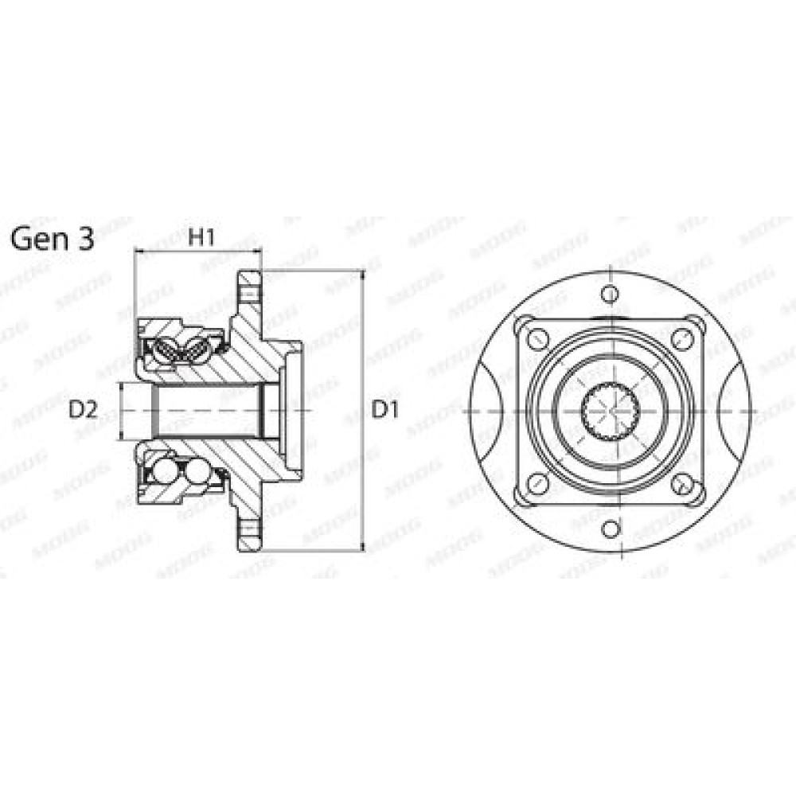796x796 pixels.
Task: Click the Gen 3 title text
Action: pyautogui.click(x=53, y=239)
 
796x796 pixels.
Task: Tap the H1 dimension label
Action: pyautogui.click(x=201, y=237)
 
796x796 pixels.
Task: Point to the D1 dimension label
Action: pyautogui.click(x=385, y=410)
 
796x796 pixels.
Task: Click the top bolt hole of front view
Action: pyautogui.click(x=611, y=294)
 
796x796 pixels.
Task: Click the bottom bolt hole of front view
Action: pyautogui.click(x=611, y=529)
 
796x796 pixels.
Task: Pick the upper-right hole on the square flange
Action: pyautogui.click(x=682, y=338)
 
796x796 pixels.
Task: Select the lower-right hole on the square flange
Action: pyautogui.click(x=682, y=483)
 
